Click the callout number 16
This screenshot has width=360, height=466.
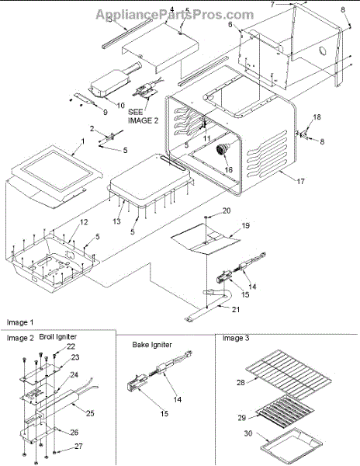229,169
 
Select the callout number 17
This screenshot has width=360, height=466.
300,181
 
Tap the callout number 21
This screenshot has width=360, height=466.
236,309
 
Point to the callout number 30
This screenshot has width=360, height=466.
248,433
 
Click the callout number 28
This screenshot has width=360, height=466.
241,382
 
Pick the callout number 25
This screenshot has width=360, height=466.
90,413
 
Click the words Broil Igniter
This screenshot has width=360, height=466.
58,337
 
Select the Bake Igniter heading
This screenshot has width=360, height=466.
152,345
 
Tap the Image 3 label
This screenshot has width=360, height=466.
236,338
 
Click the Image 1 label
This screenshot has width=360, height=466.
20,322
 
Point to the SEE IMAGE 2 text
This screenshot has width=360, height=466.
143,116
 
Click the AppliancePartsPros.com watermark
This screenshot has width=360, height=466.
175,14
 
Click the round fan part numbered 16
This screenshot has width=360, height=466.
223,148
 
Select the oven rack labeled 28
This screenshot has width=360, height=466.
289,374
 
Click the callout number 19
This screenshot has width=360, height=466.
246,225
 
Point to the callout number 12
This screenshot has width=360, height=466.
84,222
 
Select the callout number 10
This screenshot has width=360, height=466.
121,105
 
